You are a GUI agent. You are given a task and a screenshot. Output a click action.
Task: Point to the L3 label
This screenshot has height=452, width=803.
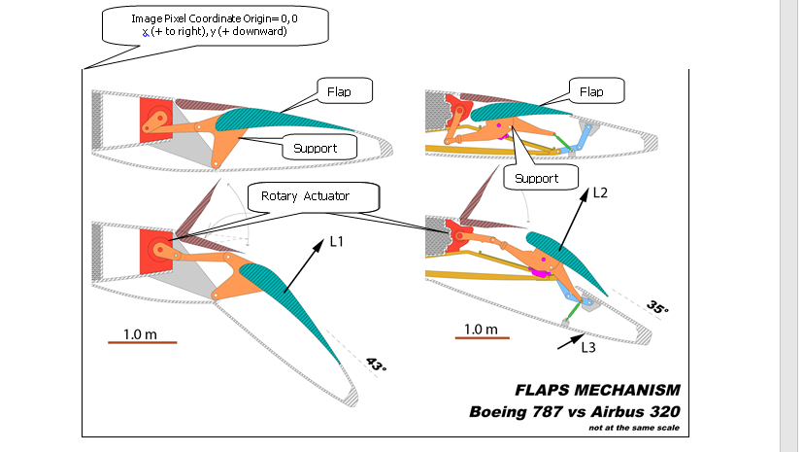589,347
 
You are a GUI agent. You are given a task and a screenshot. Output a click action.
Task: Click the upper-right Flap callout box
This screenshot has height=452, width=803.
590,92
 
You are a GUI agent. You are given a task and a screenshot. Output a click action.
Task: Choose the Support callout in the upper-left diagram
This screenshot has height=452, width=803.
315,149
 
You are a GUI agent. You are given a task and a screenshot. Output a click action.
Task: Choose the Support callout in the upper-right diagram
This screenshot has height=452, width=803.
537,179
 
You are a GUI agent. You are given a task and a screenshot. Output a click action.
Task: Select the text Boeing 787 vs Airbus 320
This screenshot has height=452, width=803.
574,411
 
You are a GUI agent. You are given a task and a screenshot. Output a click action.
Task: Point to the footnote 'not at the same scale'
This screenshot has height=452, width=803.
633,427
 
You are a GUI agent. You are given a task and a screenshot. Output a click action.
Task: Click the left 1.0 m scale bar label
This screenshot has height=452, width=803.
140,334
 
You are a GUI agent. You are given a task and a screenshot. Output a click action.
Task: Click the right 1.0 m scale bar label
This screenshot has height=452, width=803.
481,330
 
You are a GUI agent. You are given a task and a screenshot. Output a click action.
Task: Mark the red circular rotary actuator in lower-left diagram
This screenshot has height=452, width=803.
157,248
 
